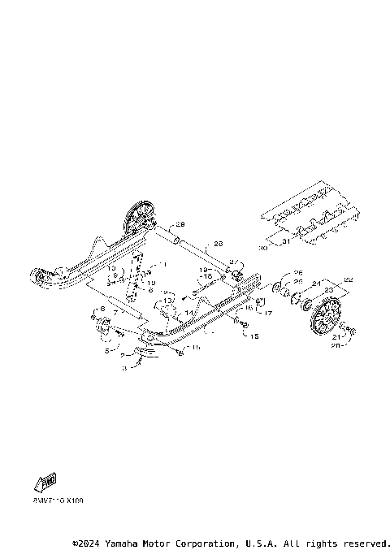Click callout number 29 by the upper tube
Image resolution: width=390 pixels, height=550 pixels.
click(x=181, y=224)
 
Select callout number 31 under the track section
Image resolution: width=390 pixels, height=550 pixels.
click(x=284, y=243)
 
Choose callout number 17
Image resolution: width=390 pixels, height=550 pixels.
click(x=269, y=311)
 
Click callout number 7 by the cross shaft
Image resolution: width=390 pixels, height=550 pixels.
click(x=116, y=311)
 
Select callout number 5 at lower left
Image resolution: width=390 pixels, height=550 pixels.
click(x=106, y=351)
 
